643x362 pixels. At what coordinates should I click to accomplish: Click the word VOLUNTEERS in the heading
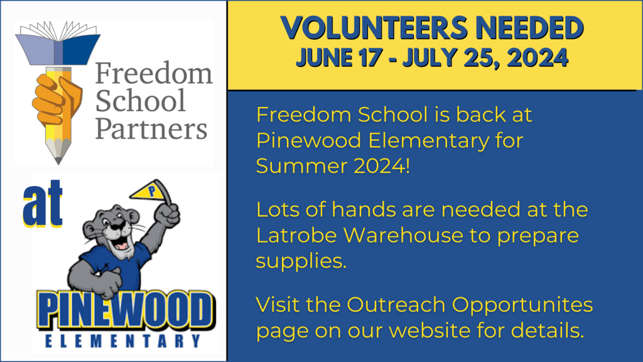click(374, 28)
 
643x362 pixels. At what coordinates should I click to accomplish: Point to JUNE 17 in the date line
click(338, 57)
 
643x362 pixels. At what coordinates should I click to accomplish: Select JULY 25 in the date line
click(451, 58)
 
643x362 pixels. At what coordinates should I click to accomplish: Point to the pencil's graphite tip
click(58, 160)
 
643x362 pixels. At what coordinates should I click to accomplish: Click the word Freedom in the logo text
click(154, 73)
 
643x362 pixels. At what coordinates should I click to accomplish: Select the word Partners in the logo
click(151, 129)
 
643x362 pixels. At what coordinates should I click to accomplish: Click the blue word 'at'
click(43, 204)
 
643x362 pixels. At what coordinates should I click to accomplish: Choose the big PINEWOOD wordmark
click(126, 309)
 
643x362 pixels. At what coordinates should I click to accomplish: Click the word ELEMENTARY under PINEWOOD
click(122, 341)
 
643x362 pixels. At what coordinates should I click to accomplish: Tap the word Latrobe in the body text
click(296, 235)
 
